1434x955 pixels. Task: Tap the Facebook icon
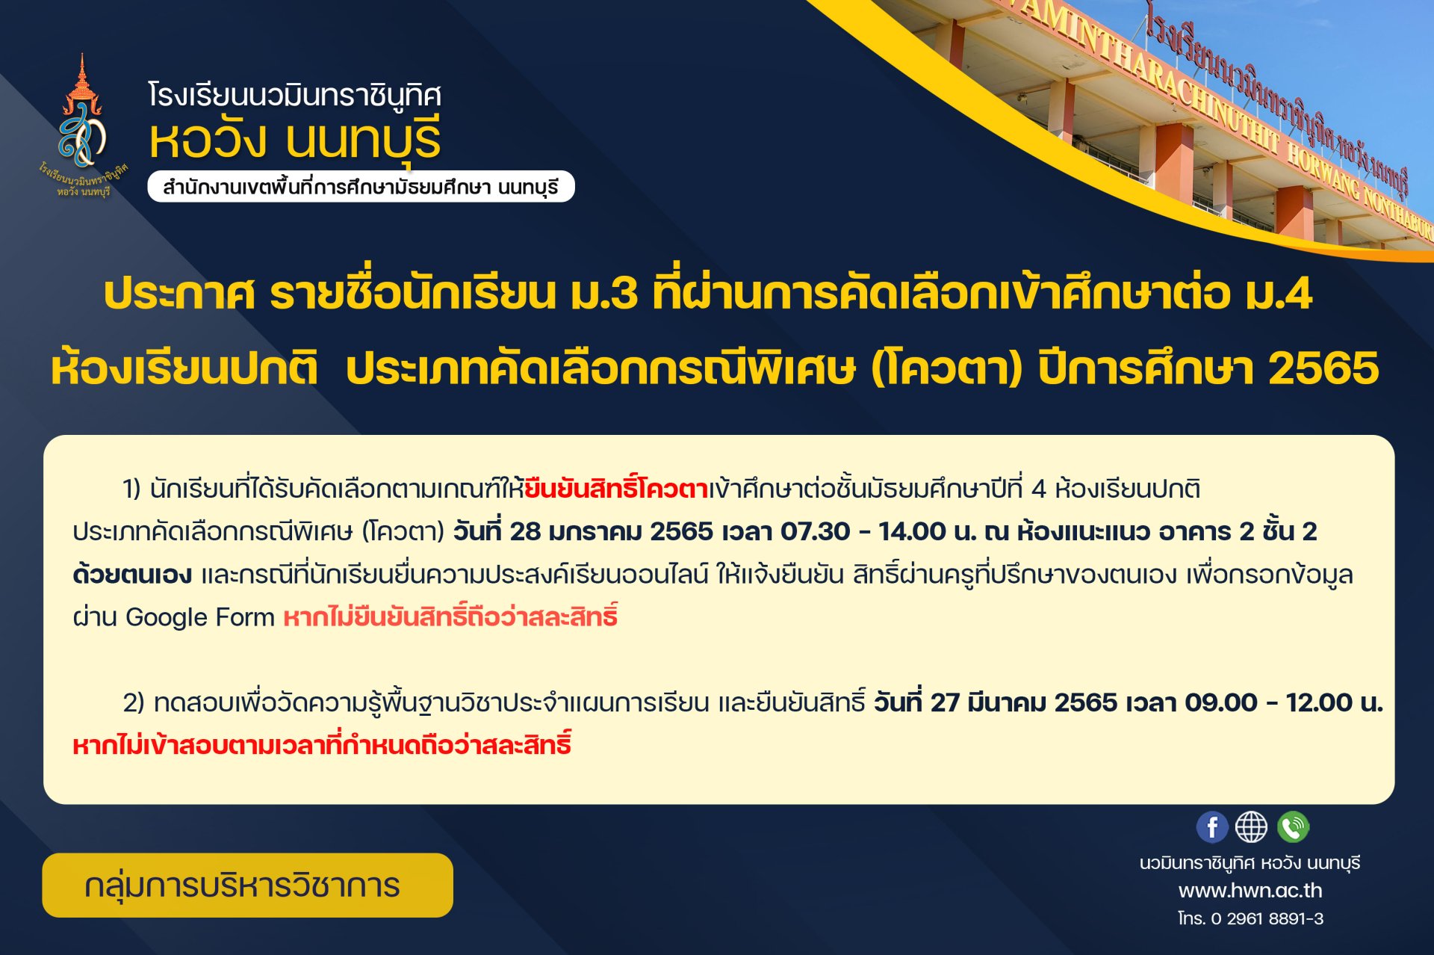(x=1211, y=827)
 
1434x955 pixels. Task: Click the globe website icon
(x=1251, y=827)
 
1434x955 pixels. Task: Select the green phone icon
(x=1293, y=827)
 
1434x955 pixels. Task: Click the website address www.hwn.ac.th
(x=1250, y=891)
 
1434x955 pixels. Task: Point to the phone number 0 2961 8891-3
(x=1267, y=918)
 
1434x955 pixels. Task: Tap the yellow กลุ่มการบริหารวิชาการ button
(x=247, y=886)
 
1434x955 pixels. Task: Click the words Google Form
(x=200, y=617)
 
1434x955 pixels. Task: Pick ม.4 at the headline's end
(x=1278, y=293)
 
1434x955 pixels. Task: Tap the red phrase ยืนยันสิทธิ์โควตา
(x=616, y=489)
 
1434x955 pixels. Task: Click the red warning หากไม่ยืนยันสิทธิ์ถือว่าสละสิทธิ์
(x=450, y=616)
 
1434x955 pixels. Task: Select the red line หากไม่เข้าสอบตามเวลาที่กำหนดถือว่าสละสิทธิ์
(x=322, y=744)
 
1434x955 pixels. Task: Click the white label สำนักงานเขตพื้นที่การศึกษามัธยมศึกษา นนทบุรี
(x=361, y=187)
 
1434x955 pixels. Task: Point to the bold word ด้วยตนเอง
(x=132, y=575)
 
